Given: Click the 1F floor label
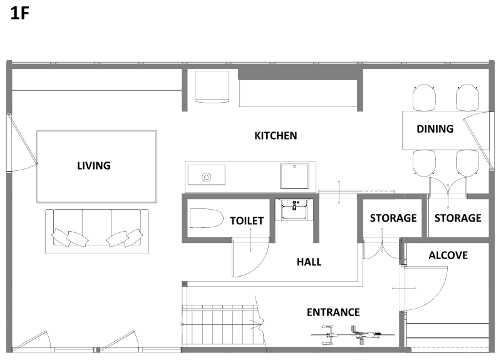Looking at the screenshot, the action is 20,14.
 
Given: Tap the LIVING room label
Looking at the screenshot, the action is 93,165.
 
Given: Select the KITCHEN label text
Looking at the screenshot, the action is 276,135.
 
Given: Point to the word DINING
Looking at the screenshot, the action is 435,129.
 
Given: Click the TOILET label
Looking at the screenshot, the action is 247,220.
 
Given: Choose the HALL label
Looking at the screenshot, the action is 309,262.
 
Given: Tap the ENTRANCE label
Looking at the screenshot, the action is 333,312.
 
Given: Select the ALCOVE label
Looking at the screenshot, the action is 448,255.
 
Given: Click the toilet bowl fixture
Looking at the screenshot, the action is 206,218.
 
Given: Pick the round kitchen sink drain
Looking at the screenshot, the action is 207,177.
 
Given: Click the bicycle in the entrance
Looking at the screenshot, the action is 353,335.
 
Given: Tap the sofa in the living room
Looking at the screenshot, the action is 97,232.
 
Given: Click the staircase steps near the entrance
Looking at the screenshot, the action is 220,325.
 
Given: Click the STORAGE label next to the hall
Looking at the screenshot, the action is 393,218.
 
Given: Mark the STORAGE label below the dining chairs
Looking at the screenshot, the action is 458,218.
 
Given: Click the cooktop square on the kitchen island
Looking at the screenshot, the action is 294,177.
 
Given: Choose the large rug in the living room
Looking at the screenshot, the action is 97,167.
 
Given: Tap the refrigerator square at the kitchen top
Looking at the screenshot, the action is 212,86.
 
